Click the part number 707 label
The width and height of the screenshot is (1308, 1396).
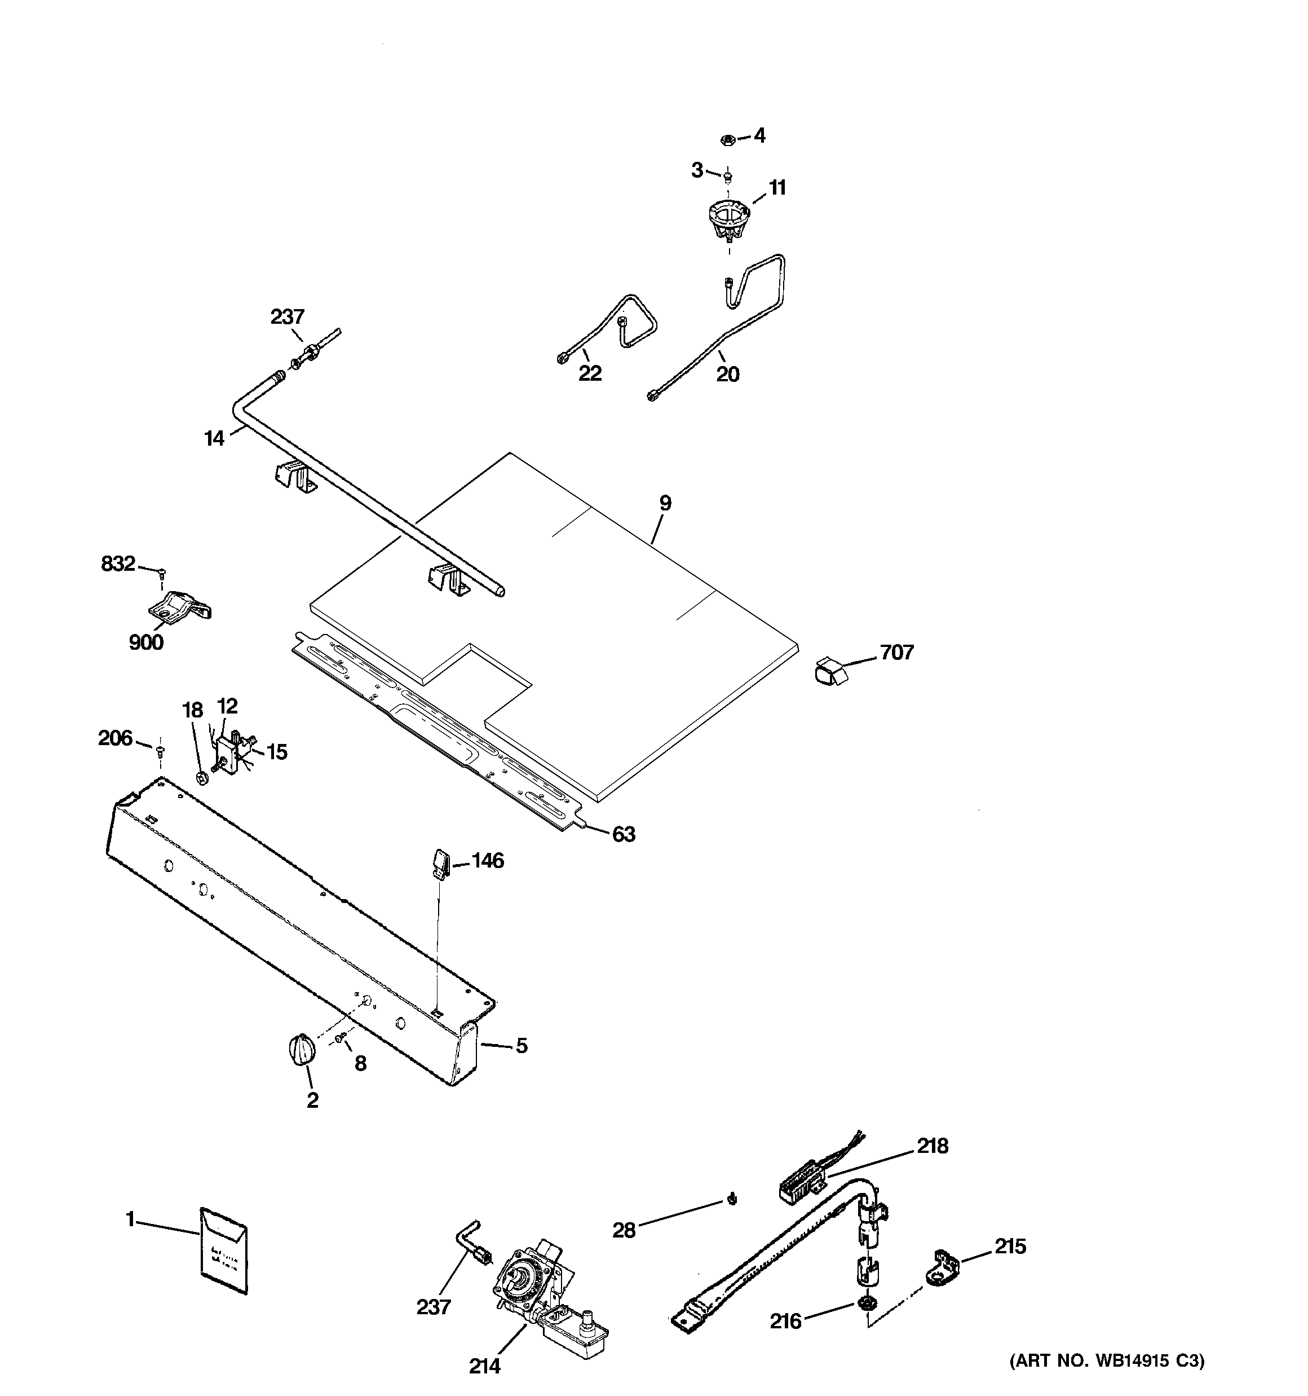(896, 653)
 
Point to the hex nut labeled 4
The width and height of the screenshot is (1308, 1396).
(728, 140)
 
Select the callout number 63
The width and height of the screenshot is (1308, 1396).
(624, 834)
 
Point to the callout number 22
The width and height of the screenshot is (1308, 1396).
(590, 373)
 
